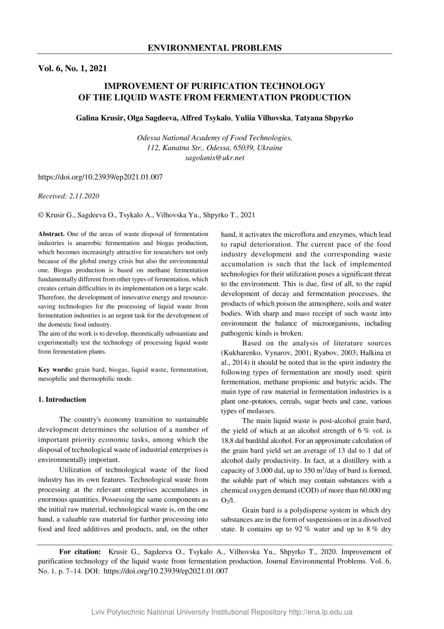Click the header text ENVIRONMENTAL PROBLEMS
tap(214, 48)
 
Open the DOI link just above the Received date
tap(100, 177)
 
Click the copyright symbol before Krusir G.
tap(41, 215)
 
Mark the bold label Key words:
tap(56, 370)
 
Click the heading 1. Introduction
tap(62, 400)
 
